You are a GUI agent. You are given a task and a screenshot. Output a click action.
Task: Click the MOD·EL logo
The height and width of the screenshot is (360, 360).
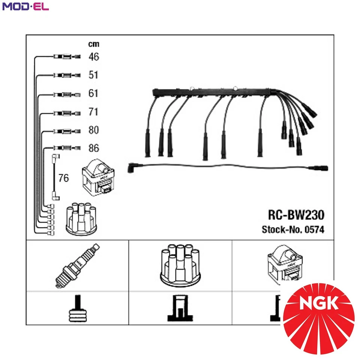[25, 6]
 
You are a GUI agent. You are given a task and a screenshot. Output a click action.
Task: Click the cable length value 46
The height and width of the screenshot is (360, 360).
[93, 57]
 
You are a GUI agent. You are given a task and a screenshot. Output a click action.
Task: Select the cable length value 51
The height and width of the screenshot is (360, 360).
[93, 75]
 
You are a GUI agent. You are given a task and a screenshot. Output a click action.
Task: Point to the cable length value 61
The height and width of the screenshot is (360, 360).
[93, 93]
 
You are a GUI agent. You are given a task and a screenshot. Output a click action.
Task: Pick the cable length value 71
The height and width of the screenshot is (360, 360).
[93, 112]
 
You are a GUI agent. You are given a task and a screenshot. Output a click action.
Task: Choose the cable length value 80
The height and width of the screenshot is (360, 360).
[93, 130]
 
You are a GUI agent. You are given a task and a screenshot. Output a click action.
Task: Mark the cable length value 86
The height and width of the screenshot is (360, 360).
[93, 148]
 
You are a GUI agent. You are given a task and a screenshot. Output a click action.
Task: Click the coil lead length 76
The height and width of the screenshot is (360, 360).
[64, 178]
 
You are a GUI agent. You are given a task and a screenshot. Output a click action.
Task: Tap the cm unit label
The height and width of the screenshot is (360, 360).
[93, 44]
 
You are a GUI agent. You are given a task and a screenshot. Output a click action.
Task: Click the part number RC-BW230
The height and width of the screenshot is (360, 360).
[296, 215]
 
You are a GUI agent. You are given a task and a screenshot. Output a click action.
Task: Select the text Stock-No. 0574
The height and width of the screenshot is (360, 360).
[293, 229]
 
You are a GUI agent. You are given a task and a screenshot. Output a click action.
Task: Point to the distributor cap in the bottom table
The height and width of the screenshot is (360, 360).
[180, 265]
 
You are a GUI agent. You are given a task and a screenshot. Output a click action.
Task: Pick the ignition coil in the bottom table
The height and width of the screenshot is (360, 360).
[284, 264]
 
